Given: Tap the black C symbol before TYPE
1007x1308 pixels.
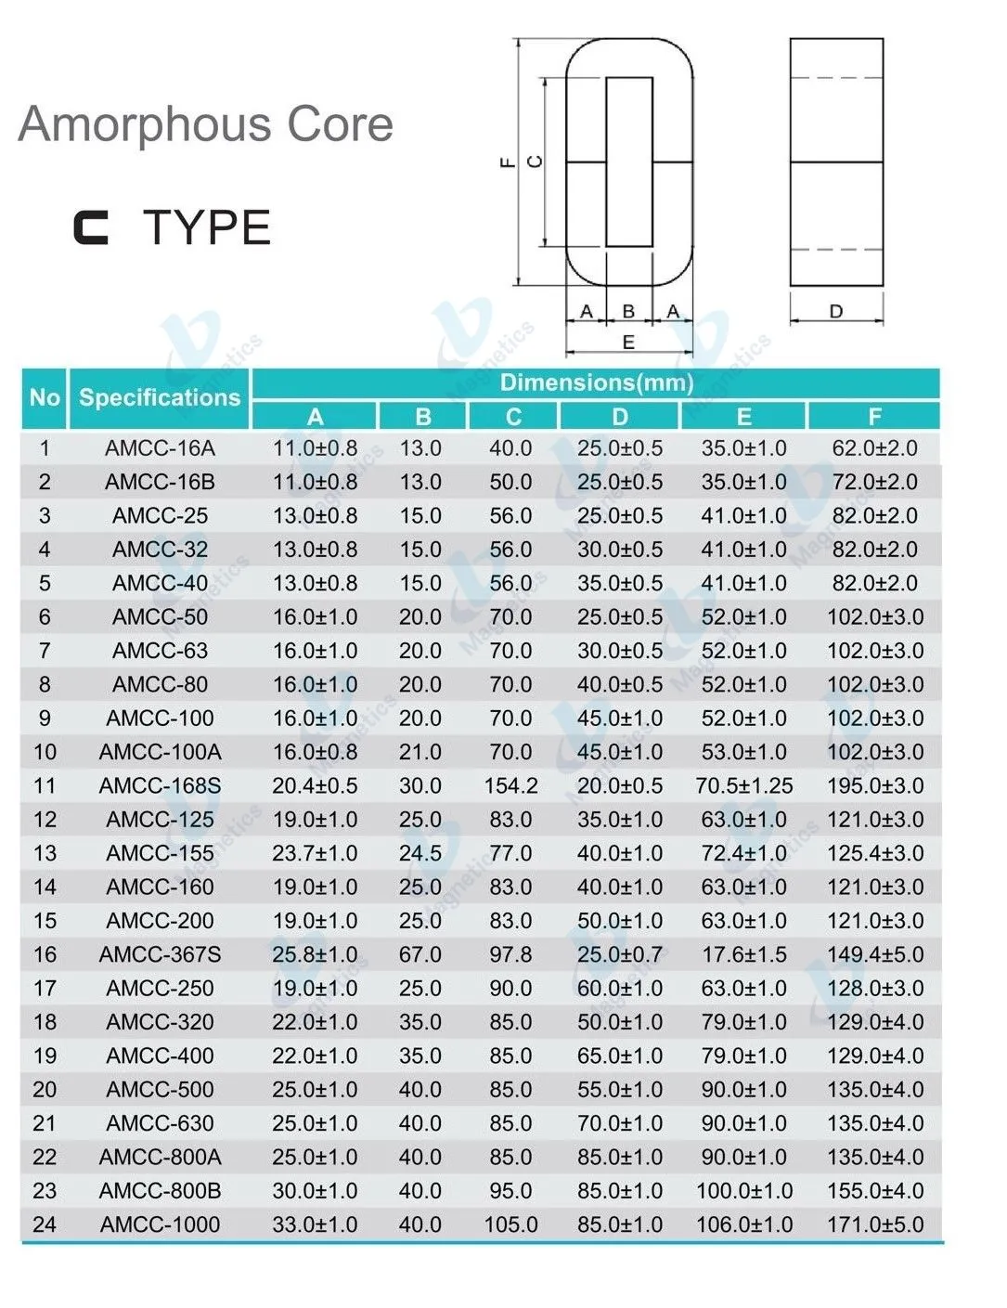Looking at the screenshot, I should [91, 228].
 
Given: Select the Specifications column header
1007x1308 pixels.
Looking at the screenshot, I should [159, 398].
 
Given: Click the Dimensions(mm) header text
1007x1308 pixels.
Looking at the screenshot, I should [596, 382].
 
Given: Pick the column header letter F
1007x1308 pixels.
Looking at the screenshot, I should [874, 417].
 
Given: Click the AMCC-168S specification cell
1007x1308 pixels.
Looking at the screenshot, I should [160, 786].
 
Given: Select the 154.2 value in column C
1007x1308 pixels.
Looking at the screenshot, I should [510, 786].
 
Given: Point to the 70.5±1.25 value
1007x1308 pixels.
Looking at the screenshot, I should [743, 786].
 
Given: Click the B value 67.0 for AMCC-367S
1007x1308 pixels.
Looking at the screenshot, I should [420, 955].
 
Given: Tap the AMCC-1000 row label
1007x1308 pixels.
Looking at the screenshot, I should [160, 1225].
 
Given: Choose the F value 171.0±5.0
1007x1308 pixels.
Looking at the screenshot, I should [874, 1225].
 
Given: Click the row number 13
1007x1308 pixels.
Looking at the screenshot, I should [45, 854].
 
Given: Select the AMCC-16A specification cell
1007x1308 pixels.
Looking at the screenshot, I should [160, 448].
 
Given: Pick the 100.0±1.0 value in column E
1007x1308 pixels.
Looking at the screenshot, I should [743, 1191].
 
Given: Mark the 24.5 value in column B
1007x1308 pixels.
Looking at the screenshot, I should [420, 854].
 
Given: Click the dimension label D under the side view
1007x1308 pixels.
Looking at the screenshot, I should [835, 312].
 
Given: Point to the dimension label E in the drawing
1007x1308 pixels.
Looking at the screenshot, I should [628, 343].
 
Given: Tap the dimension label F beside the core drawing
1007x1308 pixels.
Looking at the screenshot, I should [507, 162].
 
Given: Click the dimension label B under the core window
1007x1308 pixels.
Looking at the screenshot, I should [628, 312].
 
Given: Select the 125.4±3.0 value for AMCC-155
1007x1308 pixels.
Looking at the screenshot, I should [874, 854].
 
